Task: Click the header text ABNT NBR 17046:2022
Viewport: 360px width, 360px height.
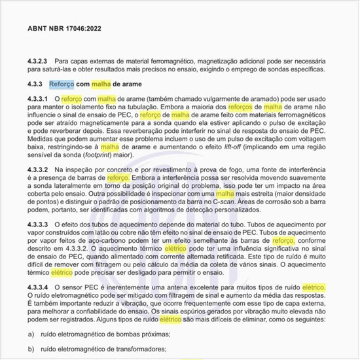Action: tap(63, 29)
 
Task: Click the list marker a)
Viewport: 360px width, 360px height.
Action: tap(31, 335)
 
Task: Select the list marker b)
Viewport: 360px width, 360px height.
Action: tap(31, 350)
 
